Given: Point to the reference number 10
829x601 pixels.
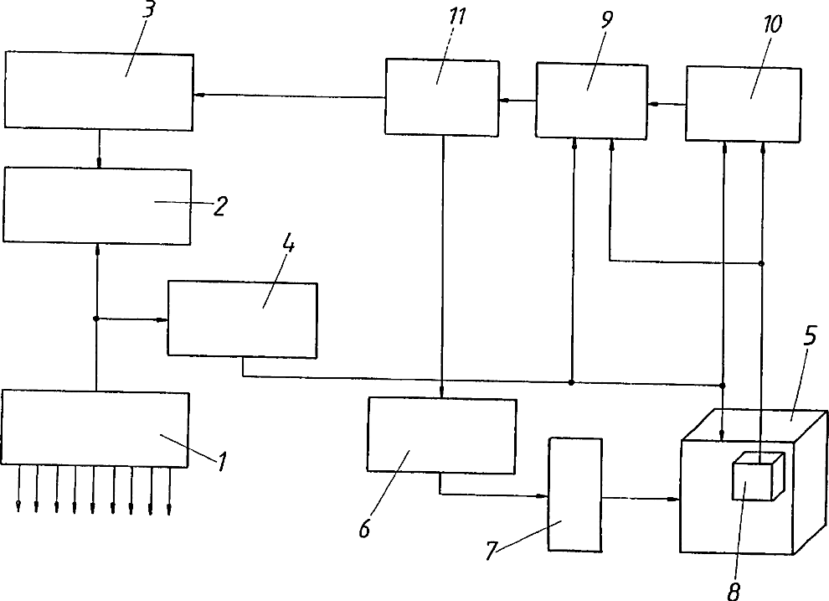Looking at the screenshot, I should [x=771, y=24].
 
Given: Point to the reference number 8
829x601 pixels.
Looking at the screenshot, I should [x=733, y=591].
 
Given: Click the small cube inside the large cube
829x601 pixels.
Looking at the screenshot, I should [x=757, y=479].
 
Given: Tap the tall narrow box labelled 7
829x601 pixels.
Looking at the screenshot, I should [x=574, y=495].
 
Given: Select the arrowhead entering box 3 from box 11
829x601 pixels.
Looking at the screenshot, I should [x=198, y=96].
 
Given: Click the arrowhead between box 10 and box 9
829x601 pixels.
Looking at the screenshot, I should [x=652, y=104].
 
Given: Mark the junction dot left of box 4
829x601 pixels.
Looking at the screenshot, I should [x=97, y=319].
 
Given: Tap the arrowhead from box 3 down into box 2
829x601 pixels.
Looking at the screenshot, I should [x=99, y=163].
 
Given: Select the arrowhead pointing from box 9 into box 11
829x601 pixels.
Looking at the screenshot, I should [x=502, y=100].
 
